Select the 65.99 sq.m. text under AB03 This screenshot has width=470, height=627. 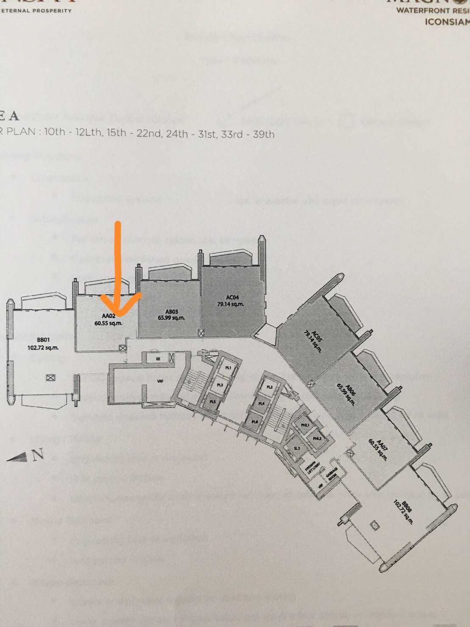(171, 318)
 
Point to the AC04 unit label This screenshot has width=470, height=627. (230, 297)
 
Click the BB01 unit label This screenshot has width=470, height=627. (43, 340)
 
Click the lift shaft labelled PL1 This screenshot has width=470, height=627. (228, 368)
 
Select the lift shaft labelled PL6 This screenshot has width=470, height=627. (255, 422)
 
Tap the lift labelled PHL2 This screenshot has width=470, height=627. (317, 438)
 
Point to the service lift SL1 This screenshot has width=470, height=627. (297, 448)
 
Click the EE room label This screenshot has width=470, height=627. (158, 358)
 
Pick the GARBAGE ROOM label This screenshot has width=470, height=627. (332, 474)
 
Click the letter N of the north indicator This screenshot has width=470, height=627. (38, 455)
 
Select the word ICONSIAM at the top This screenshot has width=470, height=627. (447, 21)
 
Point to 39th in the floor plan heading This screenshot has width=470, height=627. (263, 134)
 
